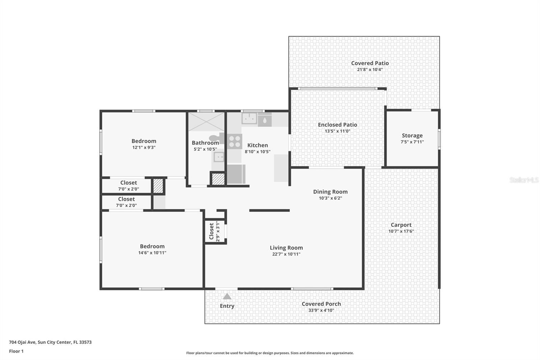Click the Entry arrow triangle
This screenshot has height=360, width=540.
coord(227,297)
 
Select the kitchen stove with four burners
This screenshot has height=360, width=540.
coord(235,141)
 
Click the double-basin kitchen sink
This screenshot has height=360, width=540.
coord(249,119)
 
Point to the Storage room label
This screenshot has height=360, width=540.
coord(412,135)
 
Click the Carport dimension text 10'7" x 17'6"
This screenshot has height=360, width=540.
coord(401,231)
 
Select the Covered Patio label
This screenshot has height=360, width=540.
coord(370,63)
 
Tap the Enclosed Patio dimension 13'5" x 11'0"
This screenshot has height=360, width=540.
coord(337,131)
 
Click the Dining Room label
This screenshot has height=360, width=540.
coord(330,191)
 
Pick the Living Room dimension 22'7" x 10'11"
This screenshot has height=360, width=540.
coord(286,254)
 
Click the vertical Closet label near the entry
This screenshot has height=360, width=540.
coord(211,231)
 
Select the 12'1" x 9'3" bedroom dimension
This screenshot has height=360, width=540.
coord(144,147)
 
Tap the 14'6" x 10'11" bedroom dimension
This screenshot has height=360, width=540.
coord(152,253)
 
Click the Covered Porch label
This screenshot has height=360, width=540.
coord(321,304)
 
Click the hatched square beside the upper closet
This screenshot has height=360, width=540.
coord(158,186)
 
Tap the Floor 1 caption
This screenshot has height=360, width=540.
coord(16,351)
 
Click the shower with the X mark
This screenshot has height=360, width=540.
coord(206,122)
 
